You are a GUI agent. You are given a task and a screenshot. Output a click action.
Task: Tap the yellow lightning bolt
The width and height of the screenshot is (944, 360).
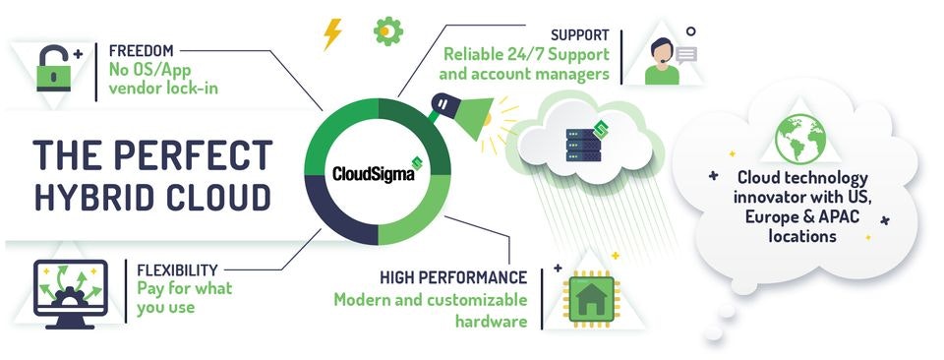(x=332, y=35)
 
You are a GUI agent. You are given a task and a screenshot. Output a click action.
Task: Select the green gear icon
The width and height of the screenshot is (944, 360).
(x=387, y=32)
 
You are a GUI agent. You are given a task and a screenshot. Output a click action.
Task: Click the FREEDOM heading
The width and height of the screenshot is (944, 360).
(x=143, y=49)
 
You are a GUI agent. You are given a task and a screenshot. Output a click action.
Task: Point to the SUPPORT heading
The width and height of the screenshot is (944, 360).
(x=580, y=34)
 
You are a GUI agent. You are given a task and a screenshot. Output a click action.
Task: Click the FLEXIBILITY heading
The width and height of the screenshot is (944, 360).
(x=178, y=268)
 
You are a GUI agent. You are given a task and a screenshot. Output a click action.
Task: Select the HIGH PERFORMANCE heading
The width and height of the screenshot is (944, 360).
(x=453, y=277)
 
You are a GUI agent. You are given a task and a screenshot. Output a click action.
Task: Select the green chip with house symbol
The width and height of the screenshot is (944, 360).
(x=593, y=298)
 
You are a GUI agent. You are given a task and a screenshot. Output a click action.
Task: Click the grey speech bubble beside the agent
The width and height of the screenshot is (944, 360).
(x=686, y=55)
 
